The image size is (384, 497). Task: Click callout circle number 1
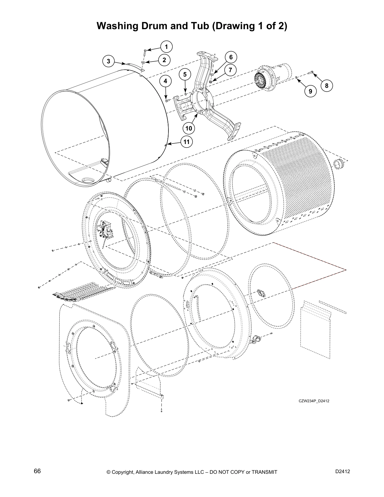point(167,47)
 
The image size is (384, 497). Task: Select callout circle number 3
point(109,61)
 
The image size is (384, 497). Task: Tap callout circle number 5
point(185,74)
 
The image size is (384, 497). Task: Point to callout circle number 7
point(231,70)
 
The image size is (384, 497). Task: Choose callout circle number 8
point(326,85)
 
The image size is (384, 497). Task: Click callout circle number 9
point(310,91)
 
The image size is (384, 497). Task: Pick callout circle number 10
point(189,128)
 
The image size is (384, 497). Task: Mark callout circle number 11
point(187,142)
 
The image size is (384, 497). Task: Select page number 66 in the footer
point(37,471)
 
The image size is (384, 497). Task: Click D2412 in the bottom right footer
point(343,471)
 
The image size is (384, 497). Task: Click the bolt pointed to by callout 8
point(311,72)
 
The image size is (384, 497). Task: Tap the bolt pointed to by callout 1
point(145,52)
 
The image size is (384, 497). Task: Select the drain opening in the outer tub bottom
point(88,180)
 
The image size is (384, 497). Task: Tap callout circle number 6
point(231,57)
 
